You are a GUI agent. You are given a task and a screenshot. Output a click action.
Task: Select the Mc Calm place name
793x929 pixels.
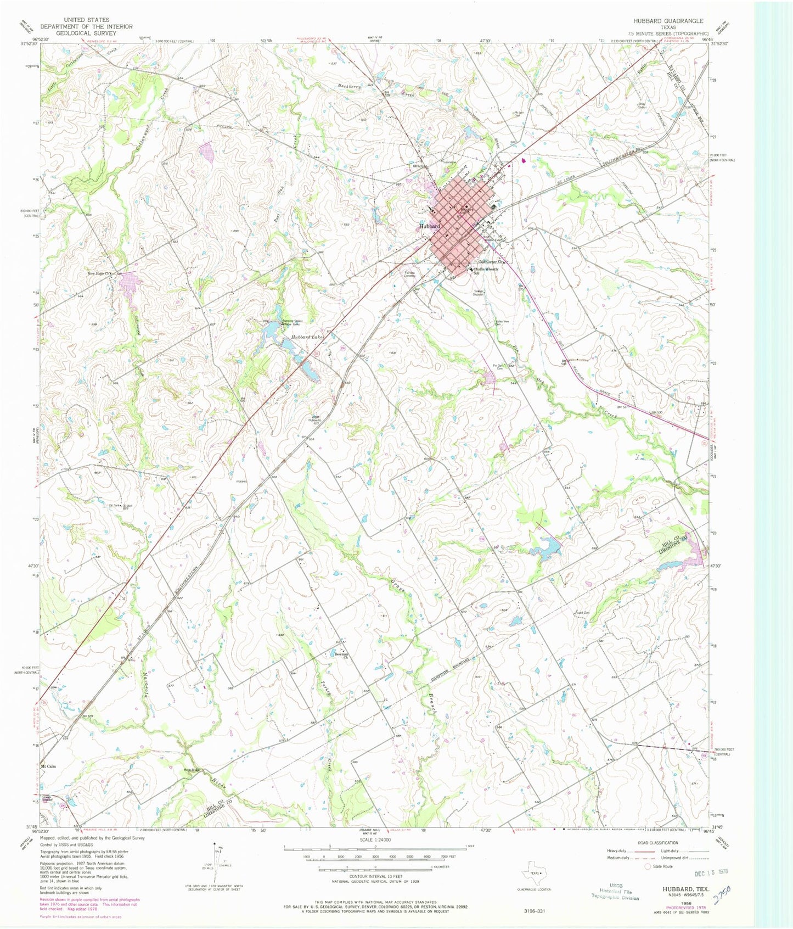(x=48, y=766)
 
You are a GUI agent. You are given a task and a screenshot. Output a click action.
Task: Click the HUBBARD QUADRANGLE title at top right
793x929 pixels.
(x=667, y=21)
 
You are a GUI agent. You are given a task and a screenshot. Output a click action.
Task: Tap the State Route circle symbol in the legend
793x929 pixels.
(x=648, y=866)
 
